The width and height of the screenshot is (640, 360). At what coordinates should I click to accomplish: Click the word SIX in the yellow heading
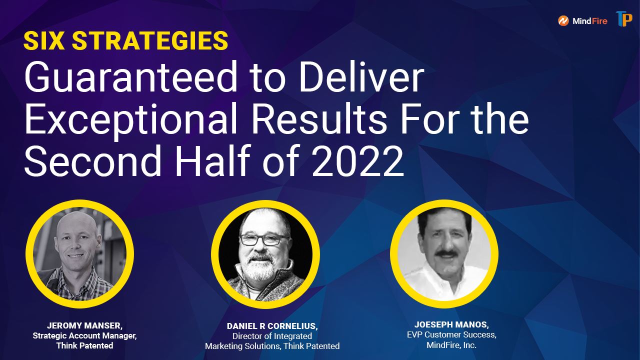pyautogui.click(x=44, y=41)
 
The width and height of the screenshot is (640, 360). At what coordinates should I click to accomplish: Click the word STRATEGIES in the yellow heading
pyautogui.click(x=150, y=41)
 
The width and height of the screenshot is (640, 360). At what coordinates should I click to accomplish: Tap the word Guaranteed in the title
pyautogui.click(x=131, y=77)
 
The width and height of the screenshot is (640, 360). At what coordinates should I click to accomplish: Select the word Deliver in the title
pyautogui.click(x=361, y=77)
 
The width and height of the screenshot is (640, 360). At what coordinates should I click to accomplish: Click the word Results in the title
pyautogui.click(x=319, y=119)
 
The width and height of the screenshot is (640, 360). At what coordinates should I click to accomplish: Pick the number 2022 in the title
pyautogui.click(x=357, y=161)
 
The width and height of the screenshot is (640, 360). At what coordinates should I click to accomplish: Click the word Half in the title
pyautogui.click(x=213, y=160)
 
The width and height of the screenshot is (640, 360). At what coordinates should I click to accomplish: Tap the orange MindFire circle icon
pyautogui.click(x=563, y=21)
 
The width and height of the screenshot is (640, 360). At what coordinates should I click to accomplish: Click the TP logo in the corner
pyautogui.click(x=624, y=19)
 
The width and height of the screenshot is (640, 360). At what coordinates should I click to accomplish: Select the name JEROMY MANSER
pyautogui.click(x=84, y=325)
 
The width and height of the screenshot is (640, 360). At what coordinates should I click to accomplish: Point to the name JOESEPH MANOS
pyautogui.click(x=451, y=324)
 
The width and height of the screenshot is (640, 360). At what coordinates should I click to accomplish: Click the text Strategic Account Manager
pyautogui.click(x=84, y=335)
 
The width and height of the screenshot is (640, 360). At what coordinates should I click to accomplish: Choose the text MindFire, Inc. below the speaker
pyautogui.click(x=451, y=345)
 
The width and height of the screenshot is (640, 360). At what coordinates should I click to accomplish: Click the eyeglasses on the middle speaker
pyautogui.click(x=263, y=239)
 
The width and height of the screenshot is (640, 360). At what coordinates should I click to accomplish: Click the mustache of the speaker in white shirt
pyautogui.click(x=445, y=253)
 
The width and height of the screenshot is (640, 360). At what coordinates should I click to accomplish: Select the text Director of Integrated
pyautogui.click(x=272, y=336)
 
